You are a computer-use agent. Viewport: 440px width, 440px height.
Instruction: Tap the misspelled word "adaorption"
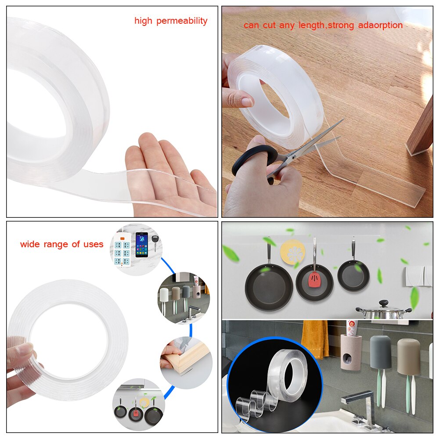380,25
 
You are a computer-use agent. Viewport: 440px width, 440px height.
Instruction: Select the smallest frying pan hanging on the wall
353,275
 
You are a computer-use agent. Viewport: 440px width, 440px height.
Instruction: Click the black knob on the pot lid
383,303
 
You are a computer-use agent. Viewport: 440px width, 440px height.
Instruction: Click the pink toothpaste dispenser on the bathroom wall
351,351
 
